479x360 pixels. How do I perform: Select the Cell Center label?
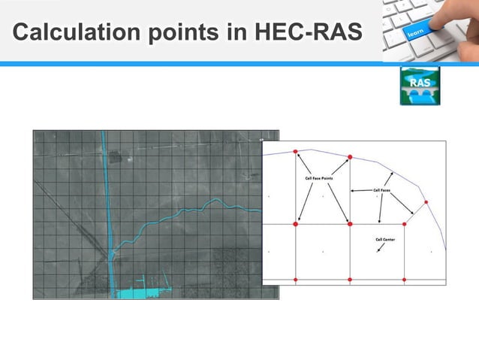coord(385,240)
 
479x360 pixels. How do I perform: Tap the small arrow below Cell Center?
coord(379,250)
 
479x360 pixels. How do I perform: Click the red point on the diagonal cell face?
coord(426,202)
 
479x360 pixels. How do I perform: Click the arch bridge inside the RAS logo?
coord(417,95)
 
